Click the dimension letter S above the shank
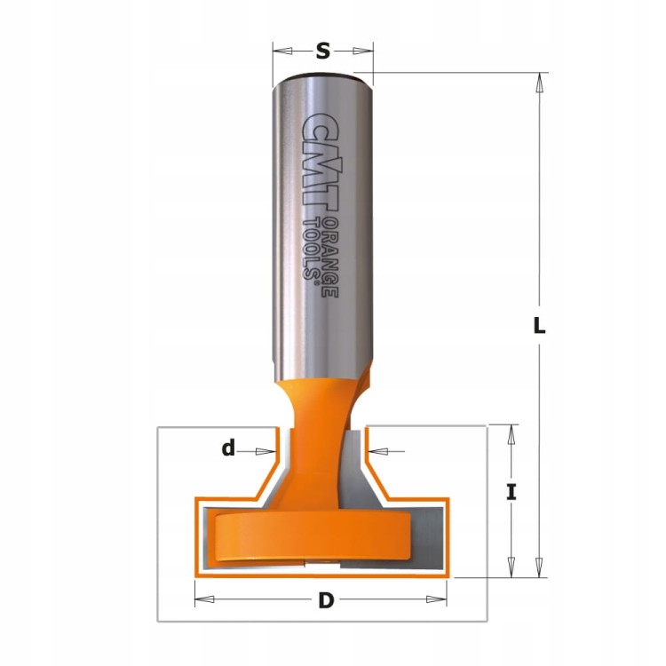click(323, 52)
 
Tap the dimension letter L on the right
click(539, 326)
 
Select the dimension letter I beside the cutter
click(511, 493)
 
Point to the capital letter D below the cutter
click(326, 600)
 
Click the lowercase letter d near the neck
click(228, 448)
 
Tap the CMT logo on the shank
click(321, 162)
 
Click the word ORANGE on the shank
click(330, 258)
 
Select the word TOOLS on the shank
click(312, 249)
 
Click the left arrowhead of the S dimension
click(282, 51)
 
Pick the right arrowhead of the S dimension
click(362, 51)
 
